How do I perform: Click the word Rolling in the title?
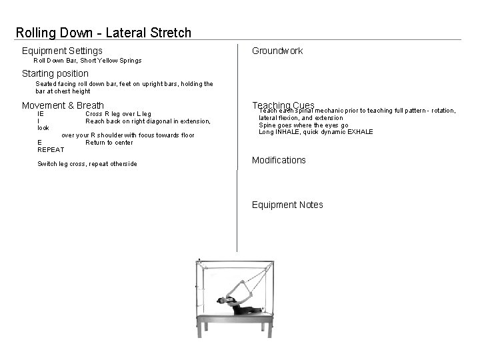point(37,33)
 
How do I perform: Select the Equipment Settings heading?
point(62,51)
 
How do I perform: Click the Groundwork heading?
point(277,51)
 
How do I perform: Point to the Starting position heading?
point(55,73)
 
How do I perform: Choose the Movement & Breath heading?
point(63,105)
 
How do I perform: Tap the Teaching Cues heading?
point(283,105)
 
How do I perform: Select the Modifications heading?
point(279,160)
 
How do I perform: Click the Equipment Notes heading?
point(287,205)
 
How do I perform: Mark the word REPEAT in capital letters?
point(51,150)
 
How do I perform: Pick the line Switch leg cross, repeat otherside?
point(87,164)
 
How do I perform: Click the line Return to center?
point(109,143)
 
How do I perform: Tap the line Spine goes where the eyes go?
point(303,125)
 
